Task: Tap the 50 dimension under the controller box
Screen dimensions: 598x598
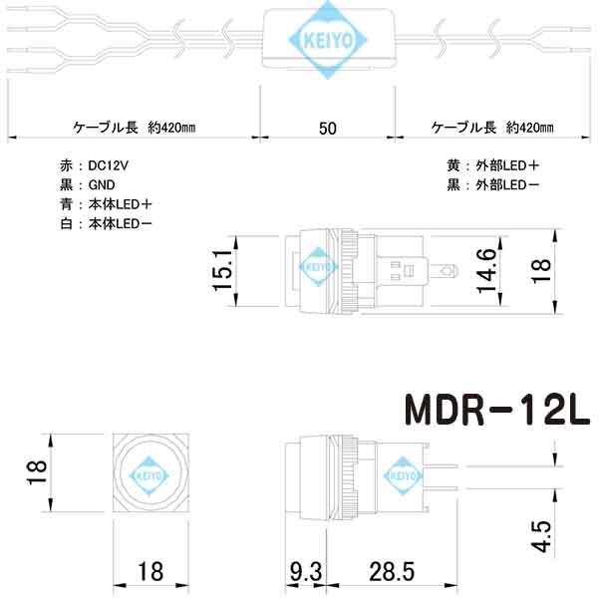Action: [x=327, y=129]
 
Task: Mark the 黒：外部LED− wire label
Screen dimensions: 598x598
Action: [x=493, y=185]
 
